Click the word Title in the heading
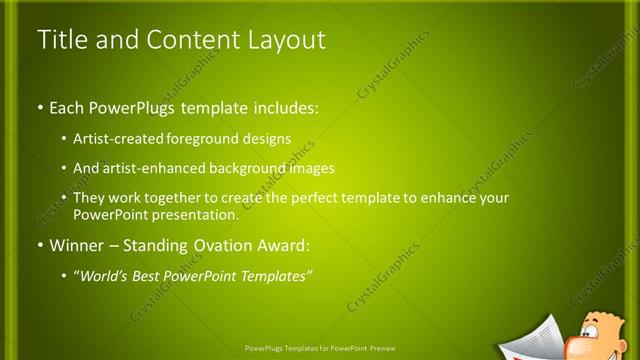[x=59, y=41]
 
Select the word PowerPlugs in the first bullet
[x=128, y=106]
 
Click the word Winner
[x=77, y=245]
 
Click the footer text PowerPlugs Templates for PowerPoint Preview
[x=319, y=350]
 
